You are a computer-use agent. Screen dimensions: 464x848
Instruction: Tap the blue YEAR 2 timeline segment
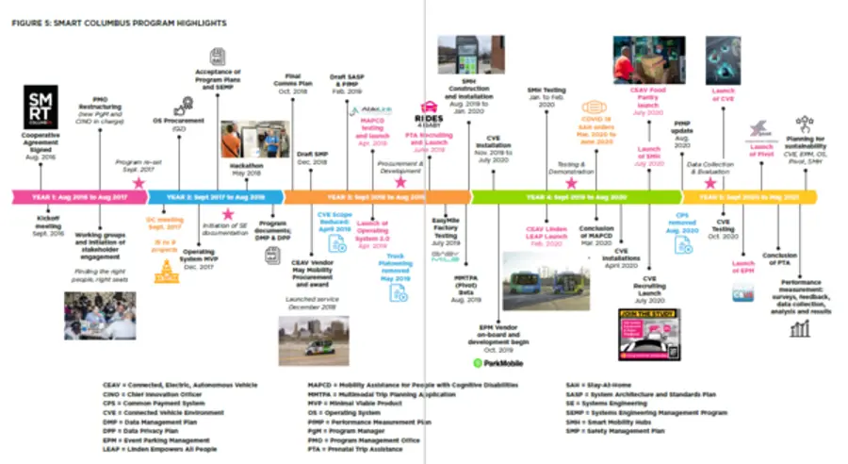[212, 197]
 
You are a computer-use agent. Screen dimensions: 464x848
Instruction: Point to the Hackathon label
[246, 164]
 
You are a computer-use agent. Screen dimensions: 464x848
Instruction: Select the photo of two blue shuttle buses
[546, 280]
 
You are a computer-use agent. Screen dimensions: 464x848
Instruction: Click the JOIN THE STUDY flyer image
[650, 332]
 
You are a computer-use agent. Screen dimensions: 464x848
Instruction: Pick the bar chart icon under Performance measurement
[801, 327]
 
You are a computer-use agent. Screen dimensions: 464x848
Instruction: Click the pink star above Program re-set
[139, 179]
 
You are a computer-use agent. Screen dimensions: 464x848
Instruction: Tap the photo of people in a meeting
[99, 315]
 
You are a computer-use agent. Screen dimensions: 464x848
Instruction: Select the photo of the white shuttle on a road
[313, 340]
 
